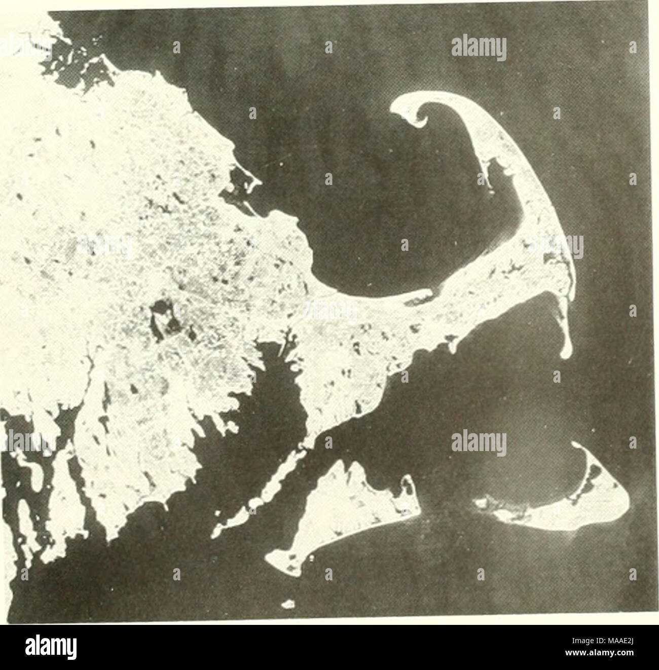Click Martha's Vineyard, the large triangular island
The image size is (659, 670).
pos(350,512)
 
